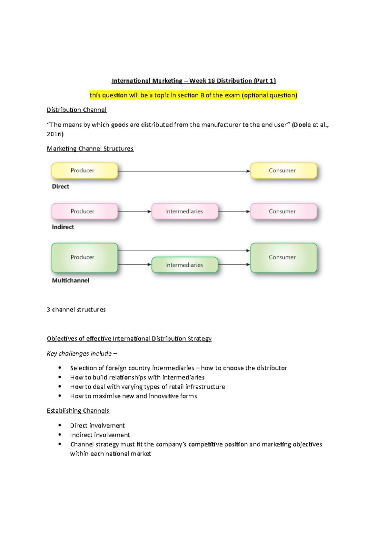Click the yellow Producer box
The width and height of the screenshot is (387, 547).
click(84, 170)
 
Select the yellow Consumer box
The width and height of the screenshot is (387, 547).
click(283, 170)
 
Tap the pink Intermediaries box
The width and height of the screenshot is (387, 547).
click(185, 211)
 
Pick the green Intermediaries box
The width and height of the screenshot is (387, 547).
click(185, 265)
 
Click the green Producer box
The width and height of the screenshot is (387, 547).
click(84, 257)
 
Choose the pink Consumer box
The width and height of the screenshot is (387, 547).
click(283, 211)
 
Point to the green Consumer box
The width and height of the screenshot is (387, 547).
click(283, 257)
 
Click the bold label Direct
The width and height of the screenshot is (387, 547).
click(60, 187)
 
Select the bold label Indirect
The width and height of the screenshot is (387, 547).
click(63, 227)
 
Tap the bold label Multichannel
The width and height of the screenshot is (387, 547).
click(71, 281)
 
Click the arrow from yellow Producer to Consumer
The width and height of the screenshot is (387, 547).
click(184, 171)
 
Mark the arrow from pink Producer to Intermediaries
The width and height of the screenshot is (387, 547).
click(134, 211)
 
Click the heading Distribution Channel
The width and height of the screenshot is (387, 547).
click(76, 110)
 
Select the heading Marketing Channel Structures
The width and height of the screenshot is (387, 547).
click(90, 149)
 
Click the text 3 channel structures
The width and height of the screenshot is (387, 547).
click(76, 310)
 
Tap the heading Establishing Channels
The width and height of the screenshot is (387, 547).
click(78, 411)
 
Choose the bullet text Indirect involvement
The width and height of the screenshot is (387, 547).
click(100, 435)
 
